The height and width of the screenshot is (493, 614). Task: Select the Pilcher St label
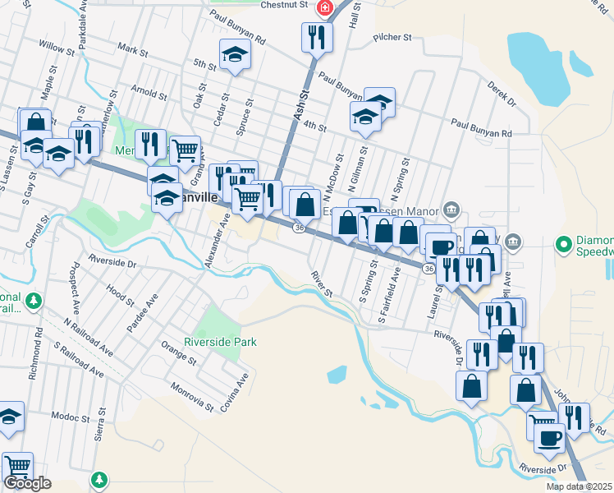392,37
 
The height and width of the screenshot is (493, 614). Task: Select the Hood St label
119,292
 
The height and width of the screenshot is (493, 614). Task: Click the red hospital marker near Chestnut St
325,7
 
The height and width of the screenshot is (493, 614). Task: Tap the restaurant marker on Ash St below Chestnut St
316,37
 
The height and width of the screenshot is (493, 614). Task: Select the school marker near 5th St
235,55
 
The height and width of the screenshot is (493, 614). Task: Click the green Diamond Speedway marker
563,244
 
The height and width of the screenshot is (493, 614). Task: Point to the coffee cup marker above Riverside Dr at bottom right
549,437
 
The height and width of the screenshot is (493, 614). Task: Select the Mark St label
132,51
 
